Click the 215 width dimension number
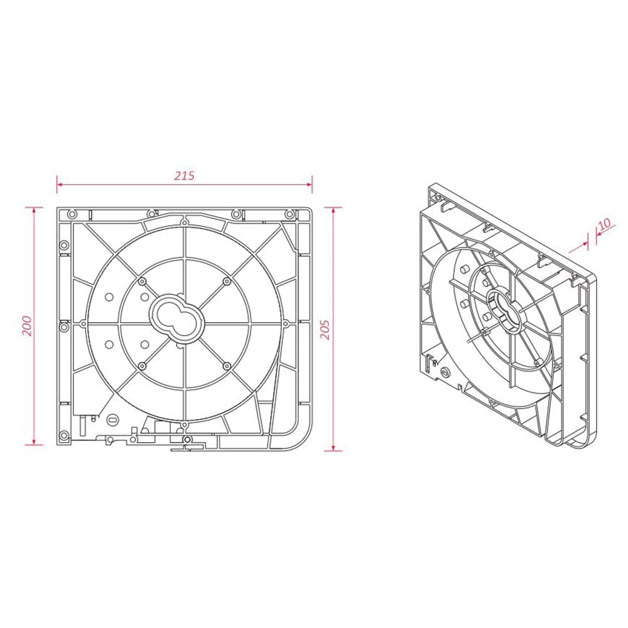point(184,175)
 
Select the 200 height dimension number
point(26,326)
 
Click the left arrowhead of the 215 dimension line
point(60,185)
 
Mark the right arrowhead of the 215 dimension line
point(309,185)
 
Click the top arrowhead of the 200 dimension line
point(35,210)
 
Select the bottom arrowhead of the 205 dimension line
point(333,447)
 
